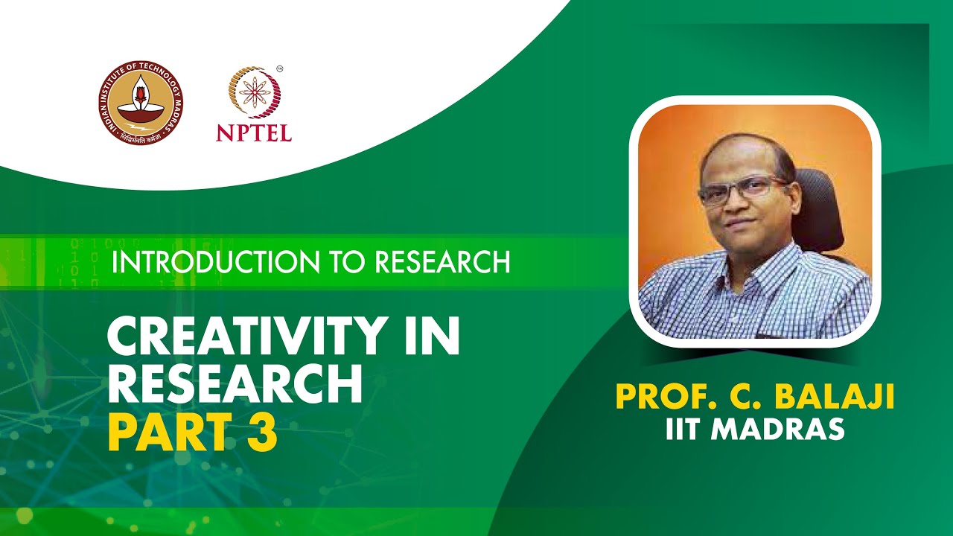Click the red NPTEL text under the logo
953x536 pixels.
pos(254,133)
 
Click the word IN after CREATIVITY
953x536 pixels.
pos(431,337)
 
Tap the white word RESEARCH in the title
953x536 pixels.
pos(235,384)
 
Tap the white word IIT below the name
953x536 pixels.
pos(683,430)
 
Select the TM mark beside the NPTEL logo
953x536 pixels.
pos(279,69)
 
